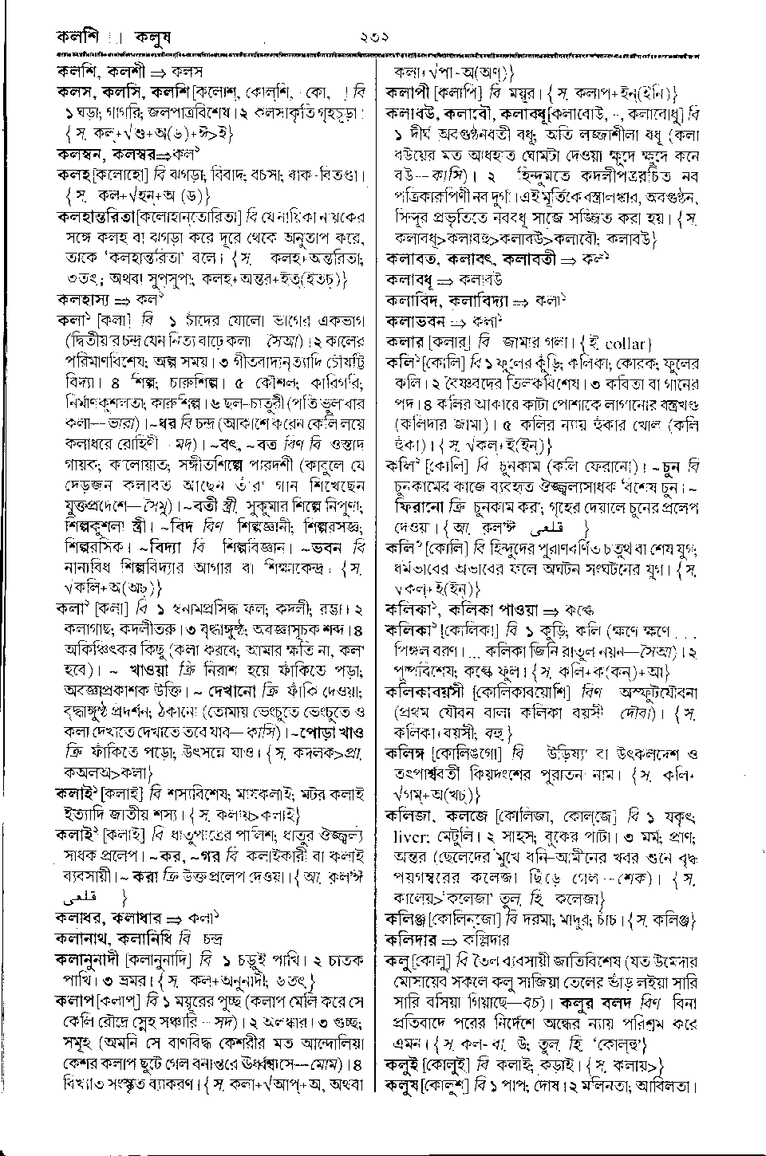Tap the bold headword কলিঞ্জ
coord(408,919)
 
